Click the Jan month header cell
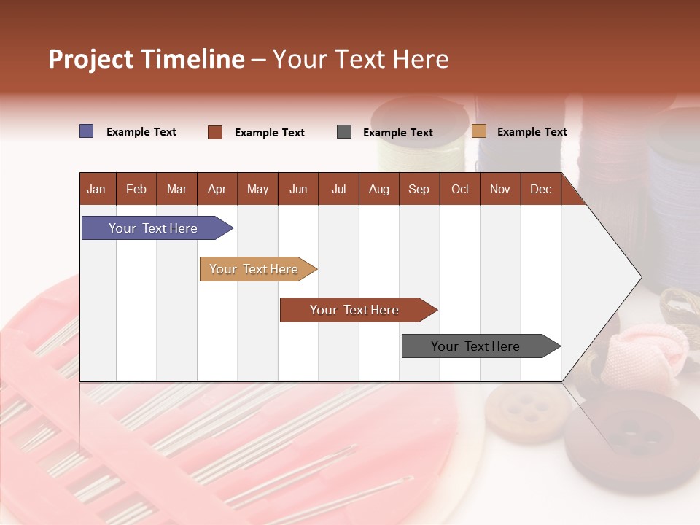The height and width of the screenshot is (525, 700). [x=97, y=189]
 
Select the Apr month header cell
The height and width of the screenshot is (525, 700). [x=217, y=189]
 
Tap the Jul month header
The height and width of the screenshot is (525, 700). [x=338, y=189]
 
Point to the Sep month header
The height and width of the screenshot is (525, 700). [x=419, y=189]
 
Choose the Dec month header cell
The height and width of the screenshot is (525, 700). [x=540, y=189]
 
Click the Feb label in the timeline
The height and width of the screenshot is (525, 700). [x=136, y=189]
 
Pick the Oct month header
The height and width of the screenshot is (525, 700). [x=460, y=189]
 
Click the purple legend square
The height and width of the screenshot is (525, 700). [x=87, y=131]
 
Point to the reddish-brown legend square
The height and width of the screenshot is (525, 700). [x=215, y=132]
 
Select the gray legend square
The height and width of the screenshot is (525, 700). [x=344, y=132]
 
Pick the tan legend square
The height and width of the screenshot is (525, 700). [x=479, y=131]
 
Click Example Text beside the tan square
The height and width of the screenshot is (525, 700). [x=532, y=132]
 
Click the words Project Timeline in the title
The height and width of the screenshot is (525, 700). [x=147, y=59]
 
